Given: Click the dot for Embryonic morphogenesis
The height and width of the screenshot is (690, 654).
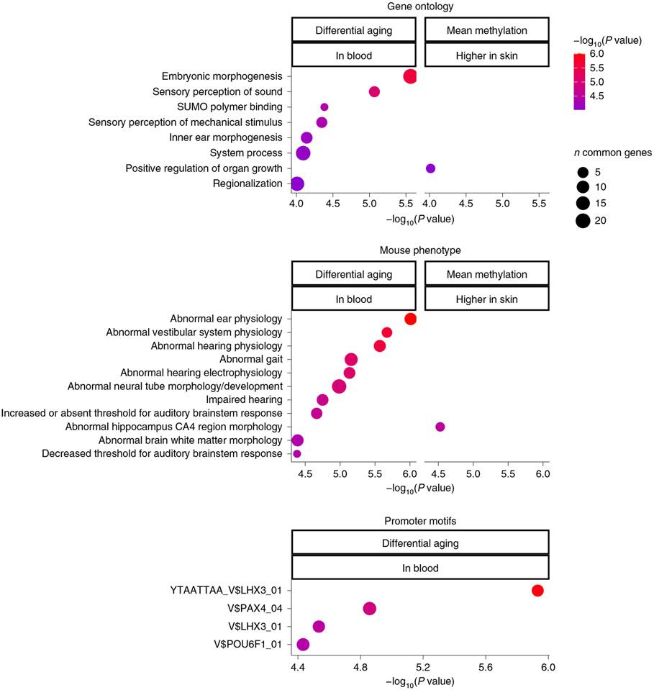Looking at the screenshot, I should coord(410,76).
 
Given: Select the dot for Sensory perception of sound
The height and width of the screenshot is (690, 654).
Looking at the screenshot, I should coord(374,91).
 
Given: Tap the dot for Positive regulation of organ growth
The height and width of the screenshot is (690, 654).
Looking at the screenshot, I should coord(430,168).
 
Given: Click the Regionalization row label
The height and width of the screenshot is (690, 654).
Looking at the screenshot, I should coord(247,183).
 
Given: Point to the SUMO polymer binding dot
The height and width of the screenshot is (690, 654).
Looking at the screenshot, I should coord(324,107).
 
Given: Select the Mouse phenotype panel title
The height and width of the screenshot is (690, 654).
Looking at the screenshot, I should coord(420,250).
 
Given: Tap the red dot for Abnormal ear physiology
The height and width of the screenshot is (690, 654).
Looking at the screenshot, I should coord(410,319).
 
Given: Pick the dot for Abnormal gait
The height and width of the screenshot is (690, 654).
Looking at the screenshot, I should coord(351,359).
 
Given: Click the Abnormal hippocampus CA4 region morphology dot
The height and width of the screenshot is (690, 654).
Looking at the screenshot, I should coord(440,427).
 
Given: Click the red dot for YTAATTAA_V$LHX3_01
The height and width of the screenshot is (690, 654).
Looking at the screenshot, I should coord(537,591).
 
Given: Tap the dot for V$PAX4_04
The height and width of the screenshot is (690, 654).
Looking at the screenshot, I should coord(370,609).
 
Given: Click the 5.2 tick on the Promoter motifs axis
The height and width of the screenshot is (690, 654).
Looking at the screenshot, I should coord(423,667).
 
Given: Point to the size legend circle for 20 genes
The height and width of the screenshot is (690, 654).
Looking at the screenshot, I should coord(582,221).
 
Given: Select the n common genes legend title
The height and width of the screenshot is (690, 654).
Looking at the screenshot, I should coord(607,153).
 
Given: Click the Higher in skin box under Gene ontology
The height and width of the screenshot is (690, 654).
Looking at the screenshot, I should coord(487,55).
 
